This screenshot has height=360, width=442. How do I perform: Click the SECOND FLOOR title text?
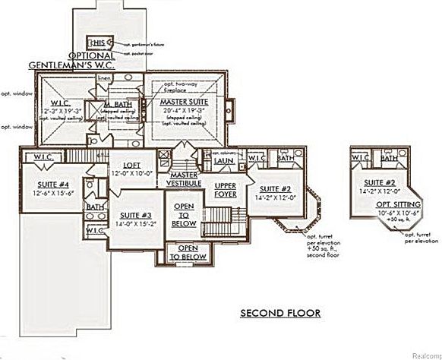280,312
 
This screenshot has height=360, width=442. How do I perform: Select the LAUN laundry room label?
223,160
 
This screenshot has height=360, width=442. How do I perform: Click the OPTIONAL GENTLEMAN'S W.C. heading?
73,60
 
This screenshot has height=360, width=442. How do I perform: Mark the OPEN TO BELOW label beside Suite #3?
183,215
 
